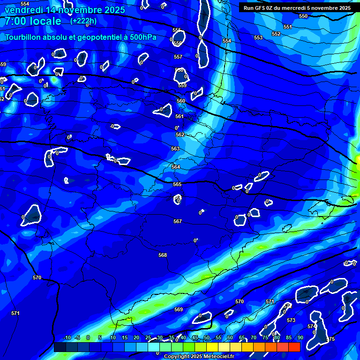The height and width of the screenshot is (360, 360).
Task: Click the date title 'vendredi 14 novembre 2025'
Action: tap(65, 10)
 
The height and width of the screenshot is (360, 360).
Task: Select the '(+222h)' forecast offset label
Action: tap(83, 21)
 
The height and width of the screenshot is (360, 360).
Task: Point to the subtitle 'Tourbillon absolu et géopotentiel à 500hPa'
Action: tap(81, 37)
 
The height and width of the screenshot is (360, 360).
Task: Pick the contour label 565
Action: tap(177, 185)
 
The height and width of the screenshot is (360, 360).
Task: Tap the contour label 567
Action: tap(178, 221)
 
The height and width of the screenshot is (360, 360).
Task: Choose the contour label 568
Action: tap(163, 255)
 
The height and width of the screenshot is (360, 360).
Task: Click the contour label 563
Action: tap(175, 149)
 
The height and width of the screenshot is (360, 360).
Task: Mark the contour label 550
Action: tap(303, 16)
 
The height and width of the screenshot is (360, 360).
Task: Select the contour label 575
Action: tap(331, 339)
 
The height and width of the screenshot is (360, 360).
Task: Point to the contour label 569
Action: tap(179, 309)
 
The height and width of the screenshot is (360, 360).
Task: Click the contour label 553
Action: tap(258, 37)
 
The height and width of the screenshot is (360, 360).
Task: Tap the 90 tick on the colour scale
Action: tap(300, 338)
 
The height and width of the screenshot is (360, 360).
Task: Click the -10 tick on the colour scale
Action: tap(67, 338)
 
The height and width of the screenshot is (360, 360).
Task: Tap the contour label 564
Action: tap(176, 167)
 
